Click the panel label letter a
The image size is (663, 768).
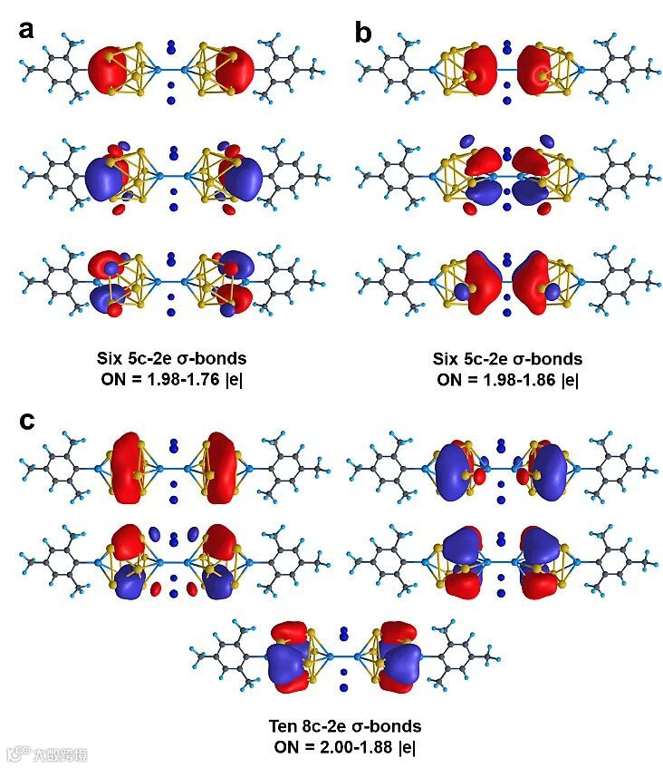coord(26,29)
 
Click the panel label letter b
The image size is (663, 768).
coord(363,33)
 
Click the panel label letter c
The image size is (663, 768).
coord(27,422)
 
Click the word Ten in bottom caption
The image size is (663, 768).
coord(283,726)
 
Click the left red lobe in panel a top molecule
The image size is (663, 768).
coord(110,69)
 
